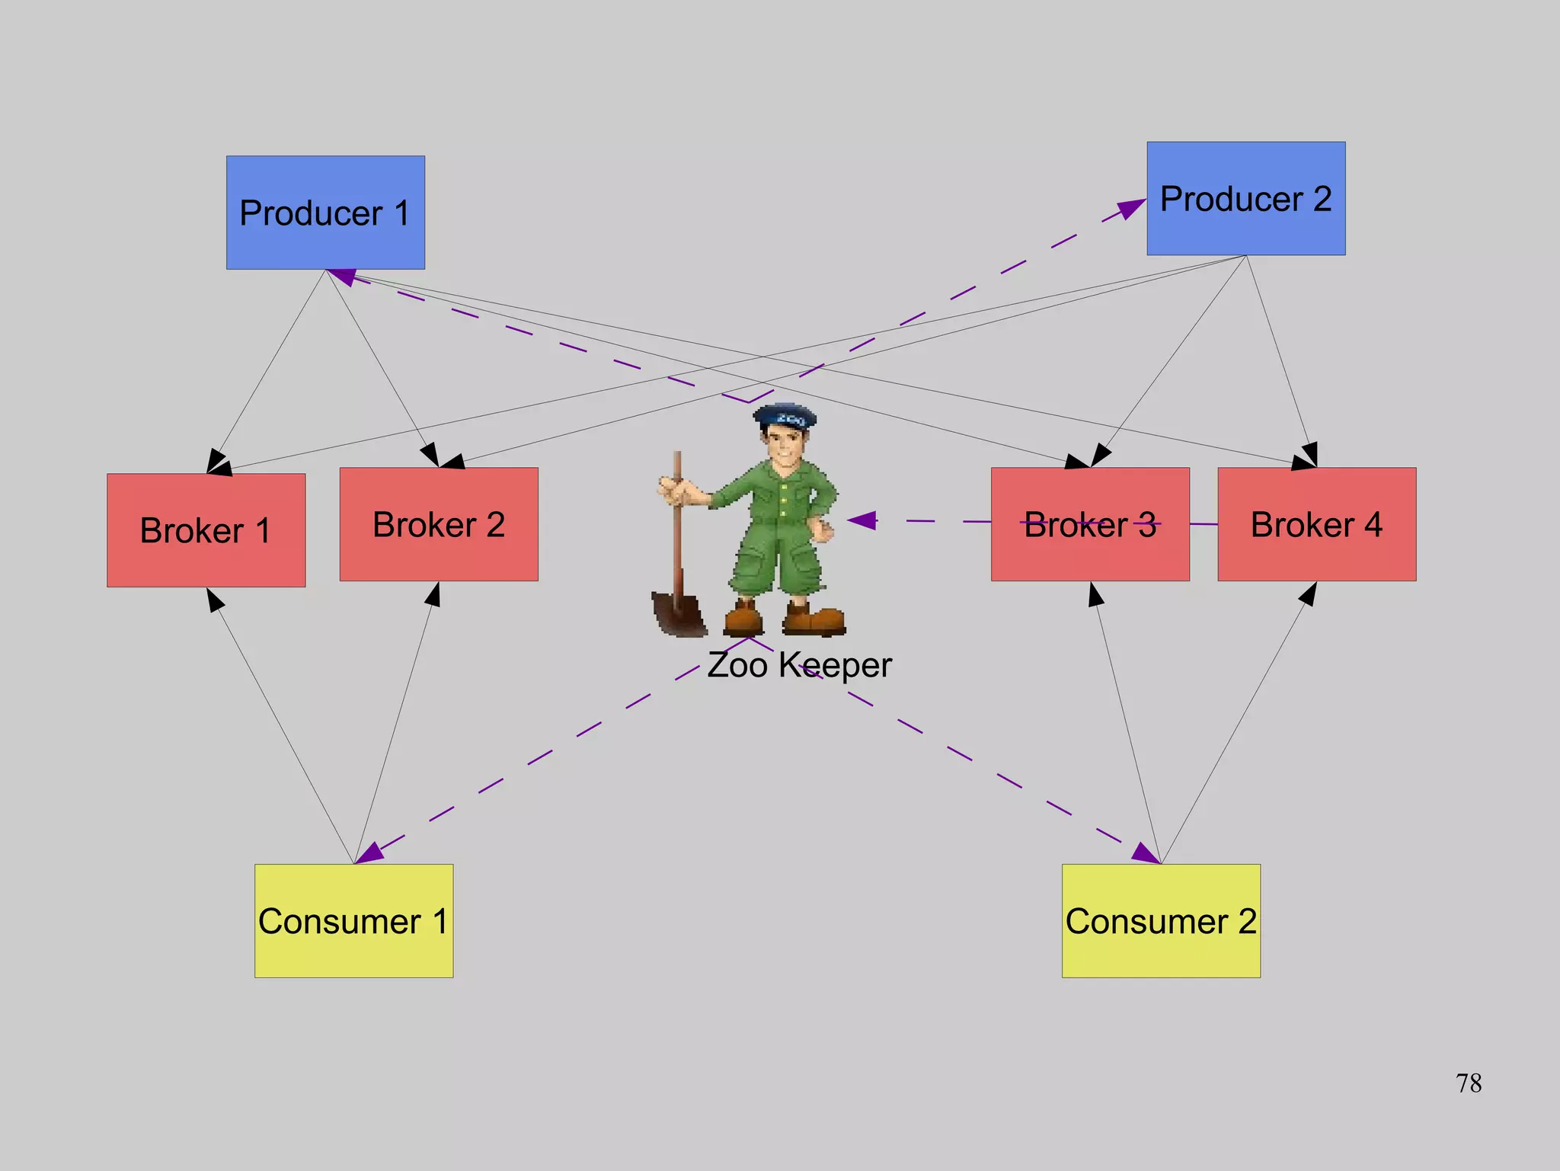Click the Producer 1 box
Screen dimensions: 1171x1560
tap(325, 213)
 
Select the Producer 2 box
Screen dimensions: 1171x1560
tap(1245, 198)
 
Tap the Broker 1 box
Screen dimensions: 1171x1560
tap(206, 530)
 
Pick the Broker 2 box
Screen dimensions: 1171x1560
tap(439, 524)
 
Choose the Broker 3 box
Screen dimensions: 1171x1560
tap(1090, 524)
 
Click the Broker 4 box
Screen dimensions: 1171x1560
tap(1316, 524)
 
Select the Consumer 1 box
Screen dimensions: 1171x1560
tap(353, 920)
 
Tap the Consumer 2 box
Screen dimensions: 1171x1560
tap(1161, 920)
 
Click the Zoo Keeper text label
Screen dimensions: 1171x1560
tap(799, 665)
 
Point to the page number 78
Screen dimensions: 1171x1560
tap(1468, 1083)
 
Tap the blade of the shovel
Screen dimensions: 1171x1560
tap(678, 614)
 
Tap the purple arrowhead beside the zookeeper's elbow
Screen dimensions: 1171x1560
tap(863, 520)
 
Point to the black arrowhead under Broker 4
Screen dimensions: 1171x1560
tap(1309, 594)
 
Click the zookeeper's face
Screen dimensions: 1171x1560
tap(784, 446)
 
